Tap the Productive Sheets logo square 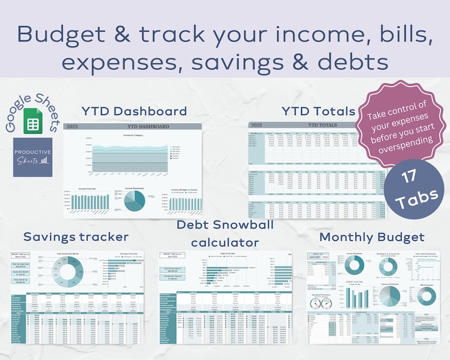pyautogui.click(x=33, y=156)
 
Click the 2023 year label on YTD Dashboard pyautogui.click(x=73, y=126)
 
